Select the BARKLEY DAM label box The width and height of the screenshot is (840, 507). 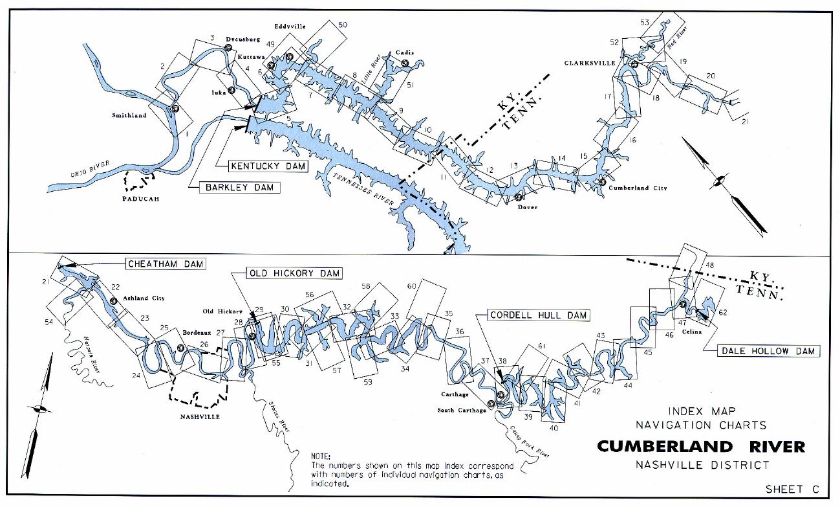pos(241,188)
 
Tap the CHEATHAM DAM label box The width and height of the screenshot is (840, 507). pos(165,264)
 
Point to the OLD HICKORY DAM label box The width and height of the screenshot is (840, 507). pos(294,273)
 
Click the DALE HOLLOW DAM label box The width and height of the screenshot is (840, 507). pos(768,351)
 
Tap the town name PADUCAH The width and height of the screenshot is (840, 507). pos(140,199)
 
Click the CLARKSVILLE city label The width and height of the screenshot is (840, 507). pos(589,63)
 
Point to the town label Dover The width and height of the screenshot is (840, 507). pos(528,207)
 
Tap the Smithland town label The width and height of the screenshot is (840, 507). pos(129,116)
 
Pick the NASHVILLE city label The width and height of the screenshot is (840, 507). pos(199,416)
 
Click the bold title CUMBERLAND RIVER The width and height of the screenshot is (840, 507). pos(700,447)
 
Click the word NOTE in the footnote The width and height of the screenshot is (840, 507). pos(321,456)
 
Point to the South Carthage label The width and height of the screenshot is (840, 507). pos(461,410)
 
